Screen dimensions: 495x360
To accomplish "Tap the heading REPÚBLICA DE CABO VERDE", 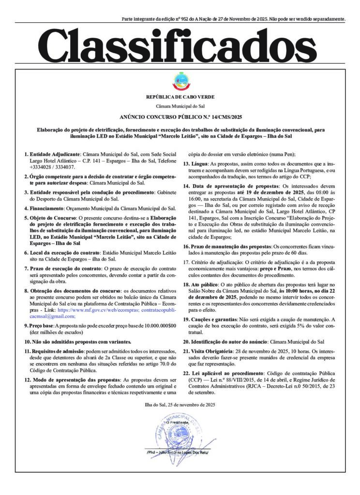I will [180, 97].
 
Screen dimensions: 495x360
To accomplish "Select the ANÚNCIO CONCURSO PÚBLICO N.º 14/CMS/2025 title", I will [180, 117].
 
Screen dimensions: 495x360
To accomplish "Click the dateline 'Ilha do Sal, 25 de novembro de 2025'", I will [180, 404].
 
